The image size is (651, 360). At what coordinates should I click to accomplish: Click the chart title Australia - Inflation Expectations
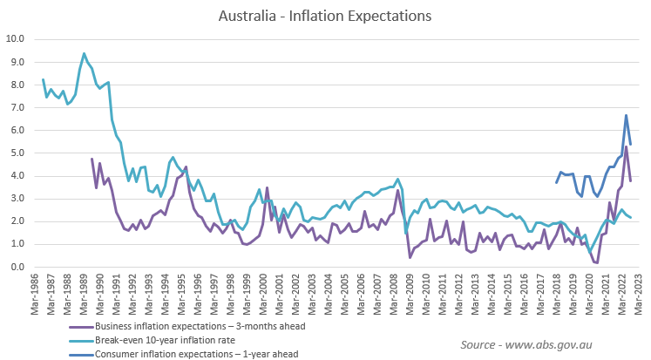[x=325, y=15]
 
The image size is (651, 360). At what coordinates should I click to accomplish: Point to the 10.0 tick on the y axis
[x=16, y=38]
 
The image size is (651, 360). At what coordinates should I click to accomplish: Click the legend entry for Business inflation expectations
[x=183, y=326]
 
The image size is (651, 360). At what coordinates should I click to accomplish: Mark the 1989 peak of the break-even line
[x=84, y=53]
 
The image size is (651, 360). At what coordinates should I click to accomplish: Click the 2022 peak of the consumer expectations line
[x=626, y=115]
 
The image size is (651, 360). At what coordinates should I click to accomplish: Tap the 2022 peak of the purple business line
[x=626, y=146]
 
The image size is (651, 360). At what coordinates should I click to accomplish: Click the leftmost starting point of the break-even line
[x=43, y=79]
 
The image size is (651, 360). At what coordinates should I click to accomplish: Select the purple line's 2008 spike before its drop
[x=398, y=190]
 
